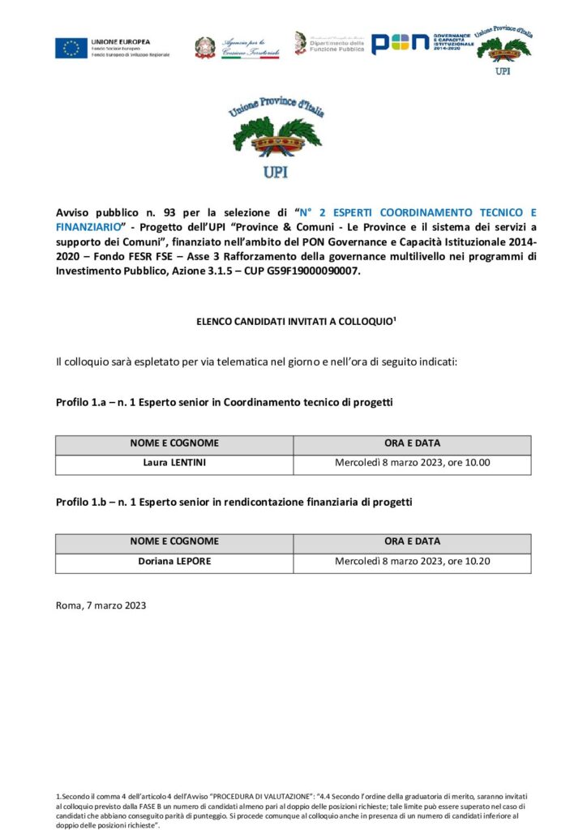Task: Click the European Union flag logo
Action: [x=71, y=48]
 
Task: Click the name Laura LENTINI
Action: [x=174, y=464]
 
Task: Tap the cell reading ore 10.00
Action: [x=412, y=464]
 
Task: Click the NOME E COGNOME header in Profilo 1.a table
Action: [x=174, y=444]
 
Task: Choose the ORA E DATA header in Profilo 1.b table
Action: [x=412, y=542]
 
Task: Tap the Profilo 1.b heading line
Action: [x=234, y=502]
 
